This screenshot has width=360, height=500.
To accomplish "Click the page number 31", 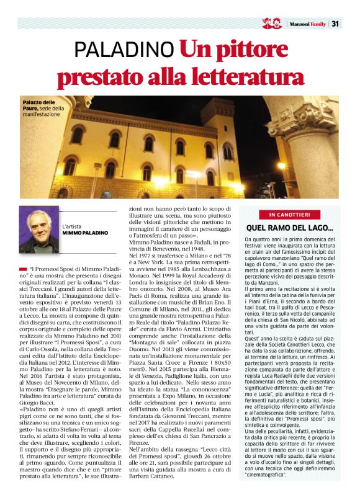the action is pyautogui.click(x=335, y=24).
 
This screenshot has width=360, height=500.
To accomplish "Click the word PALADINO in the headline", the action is pyautogui.click(x=124, y=50).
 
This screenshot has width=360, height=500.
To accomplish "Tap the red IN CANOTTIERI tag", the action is pyautogui.click(x=289, y=214).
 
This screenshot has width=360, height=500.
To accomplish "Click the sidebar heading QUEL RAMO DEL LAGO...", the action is pyautogui.click(x=290, y=228).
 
